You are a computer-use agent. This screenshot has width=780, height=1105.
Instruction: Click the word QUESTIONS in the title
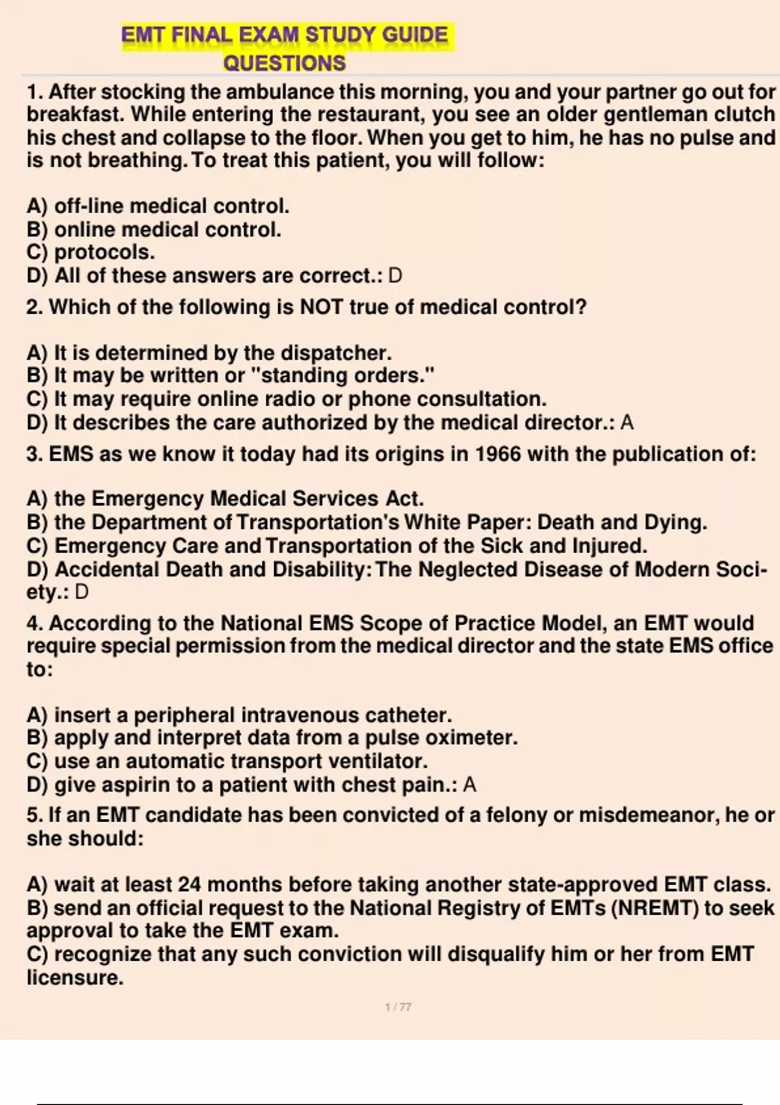(284, 64)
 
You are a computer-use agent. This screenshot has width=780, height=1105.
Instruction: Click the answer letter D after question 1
(395, 276)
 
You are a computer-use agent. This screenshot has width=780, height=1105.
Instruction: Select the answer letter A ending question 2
(627, 423)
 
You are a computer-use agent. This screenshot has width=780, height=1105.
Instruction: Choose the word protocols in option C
(104, 252)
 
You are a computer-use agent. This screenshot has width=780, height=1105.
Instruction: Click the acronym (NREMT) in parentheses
(655, 908)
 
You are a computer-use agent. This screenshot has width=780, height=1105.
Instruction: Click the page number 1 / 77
(398, 1007)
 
